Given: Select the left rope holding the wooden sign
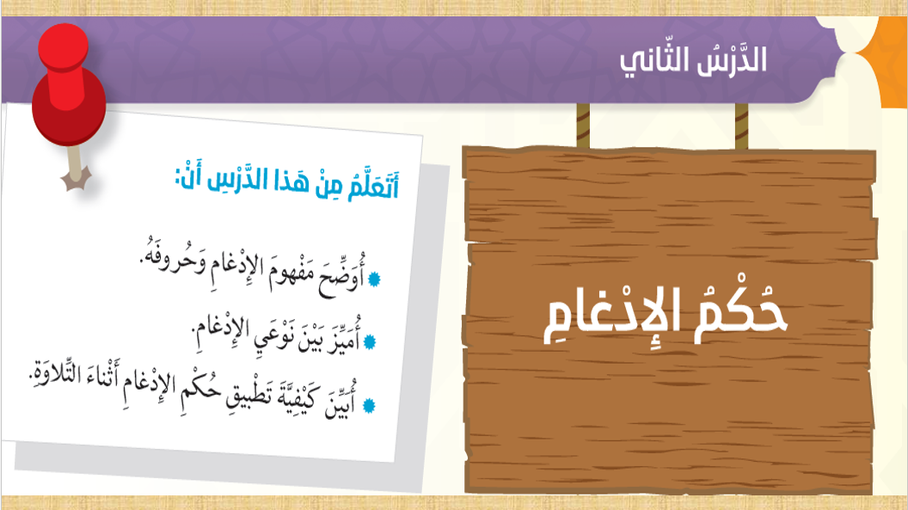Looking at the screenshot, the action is click(x=583, y=126).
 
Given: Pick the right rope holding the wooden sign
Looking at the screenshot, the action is click(x=741, y=126).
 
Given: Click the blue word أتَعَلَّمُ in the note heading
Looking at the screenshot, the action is click(x=373, y=185).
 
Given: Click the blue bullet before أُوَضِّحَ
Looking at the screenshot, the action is click(x=374, y=279).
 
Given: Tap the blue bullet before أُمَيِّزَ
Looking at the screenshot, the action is click(x=370, y=341).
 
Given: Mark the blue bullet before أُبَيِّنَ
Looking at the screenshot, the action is click(x=368, y=405).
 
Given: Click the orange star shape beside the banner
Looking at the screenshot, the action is click(x=885, y=61).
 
